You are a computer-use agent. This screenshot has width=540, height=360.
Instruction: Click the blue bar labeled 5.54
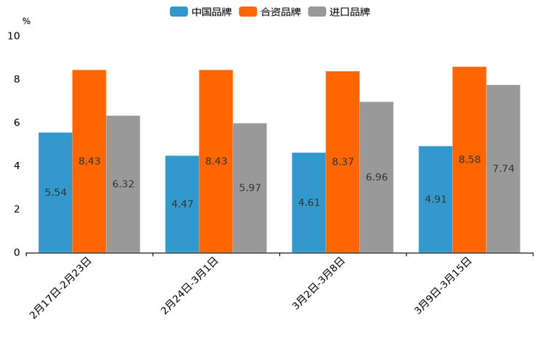pos(55,192)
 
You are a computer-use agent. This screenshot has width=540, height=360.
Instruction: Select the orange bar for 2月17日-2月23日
pos(89,161)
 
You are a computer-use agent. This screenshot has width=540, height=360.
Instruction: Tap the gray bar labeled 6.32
pos(123,184)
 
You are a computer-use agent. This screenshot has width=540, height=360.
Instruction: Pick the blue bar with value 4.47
pos(182,204)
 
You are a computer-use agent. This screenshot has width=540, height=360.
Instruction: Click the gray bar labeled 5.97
pos(250,188)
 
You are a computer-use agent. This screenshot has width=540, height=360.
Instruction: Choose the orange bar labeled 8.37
pos(343,162)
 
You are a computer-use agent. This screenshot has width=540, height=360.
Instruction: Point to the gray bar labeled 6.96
pos(377,177)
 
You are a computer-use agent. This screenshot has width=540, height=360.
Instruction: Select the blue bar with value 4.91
pos(435,199)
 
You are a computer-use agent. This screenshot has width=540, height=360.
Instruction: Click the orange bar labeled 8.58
pos(470,160)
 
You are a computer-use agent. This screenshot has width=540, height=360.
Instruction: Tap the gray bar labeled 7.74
pos(503,168)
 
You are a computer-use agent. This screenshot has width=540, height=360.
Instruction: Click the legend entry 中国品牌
pos(201,12)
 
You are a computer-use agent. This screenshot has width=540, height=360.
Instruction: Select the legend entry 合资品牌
pos(271,12)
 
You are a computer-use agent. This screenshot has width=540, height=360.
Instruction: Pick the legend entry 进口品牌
pos(340,12)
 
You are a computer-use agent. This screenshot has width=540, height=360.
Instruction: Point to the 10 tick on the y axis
pos(14,36)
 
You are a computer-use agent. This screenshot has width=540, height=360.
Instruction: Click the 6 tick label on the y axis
pos(17,123)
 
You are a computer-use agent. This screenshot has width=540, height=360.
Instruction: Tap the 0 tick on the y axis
pos(17,253)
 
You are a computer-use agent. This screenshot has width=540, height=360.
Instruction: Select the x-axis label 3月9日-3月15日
pos(443,285)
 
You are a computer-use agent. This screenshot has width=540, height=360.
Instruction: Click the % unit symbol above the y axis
pos(26,21)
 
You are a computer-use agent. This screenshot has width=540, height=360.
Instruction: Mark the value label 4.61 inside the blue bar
pos(308,202)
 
